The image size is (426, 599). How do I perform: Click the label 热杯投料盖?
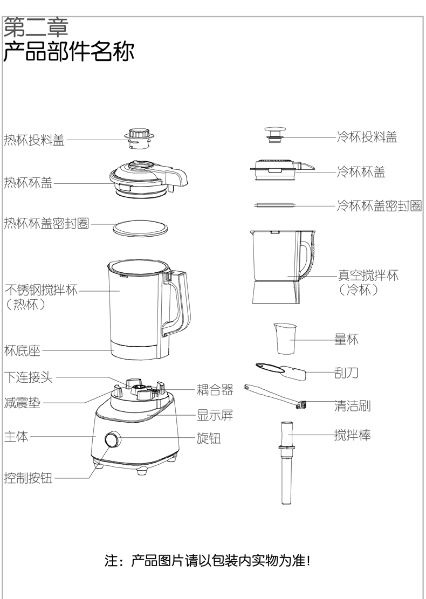34,140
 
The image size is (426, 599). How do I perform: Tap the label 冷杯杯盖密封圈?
379,205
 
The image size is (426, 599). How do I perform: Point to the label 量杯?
346,340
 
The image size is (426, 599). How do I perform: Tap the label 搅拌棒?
352,435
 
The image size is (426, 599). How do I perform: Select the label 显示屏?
215,416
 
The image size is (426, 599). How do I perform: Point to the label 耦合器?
215,389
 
